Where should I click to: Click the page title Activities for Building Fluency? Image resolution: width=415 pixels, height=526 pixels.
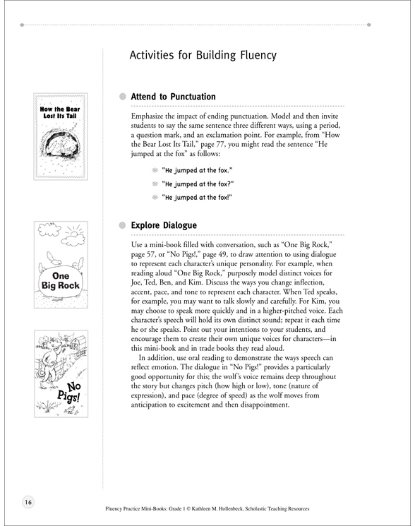(203, 55)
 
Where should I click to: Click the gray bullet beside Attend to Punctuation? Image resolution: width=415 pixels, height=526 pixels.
(123, 96)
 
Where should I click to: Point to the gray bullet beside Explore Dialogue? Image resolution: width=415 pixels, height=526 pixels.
(123, 225)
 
